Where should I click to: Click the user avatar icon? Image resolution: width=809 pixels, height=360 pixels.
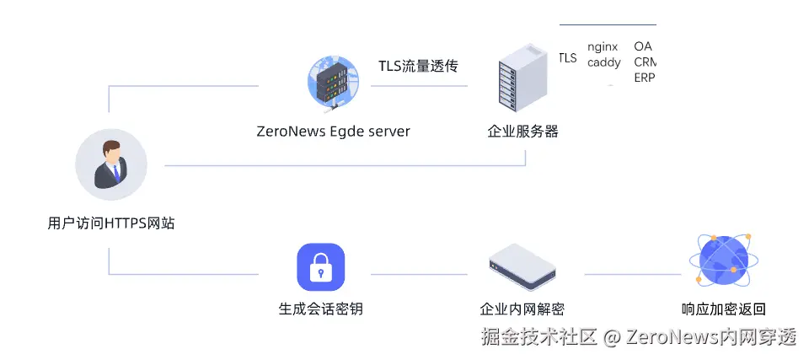click(111, 164)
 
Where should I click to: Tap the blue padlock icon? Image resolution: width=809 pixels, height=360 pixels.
click(321, 267)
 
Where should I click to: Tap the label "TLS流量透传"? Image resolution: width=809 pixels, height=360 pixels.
click(418, 66)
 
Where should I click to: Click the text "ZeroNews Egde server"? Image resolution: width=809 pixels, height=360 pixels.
click(333, 132)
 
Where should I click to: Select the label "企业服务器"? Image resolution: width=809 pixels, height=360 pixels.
click(522, 132)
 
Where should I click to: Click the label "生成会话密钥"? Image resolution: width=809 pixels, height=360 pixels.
click(321, 309)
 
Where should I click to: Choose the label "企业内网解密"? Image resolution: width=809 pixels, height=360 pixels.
click(522, 309)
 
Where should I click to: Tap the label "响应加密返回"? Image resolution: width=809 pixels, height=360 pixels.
click(724, 309)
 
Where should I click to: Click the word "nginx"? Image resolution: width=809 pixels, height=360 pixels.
click(603, 47)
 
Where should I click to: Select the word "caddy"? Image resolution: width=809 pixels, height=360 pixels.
click(603, 62)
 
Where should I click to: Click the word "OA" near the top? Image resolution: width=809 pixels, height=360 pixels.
click(643, 47)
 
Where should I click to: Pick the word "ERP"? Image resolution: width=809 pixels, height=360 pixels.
click(644, 78)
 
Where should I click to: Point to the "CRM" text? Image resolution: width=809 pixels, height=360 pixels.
click(645, 62)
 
